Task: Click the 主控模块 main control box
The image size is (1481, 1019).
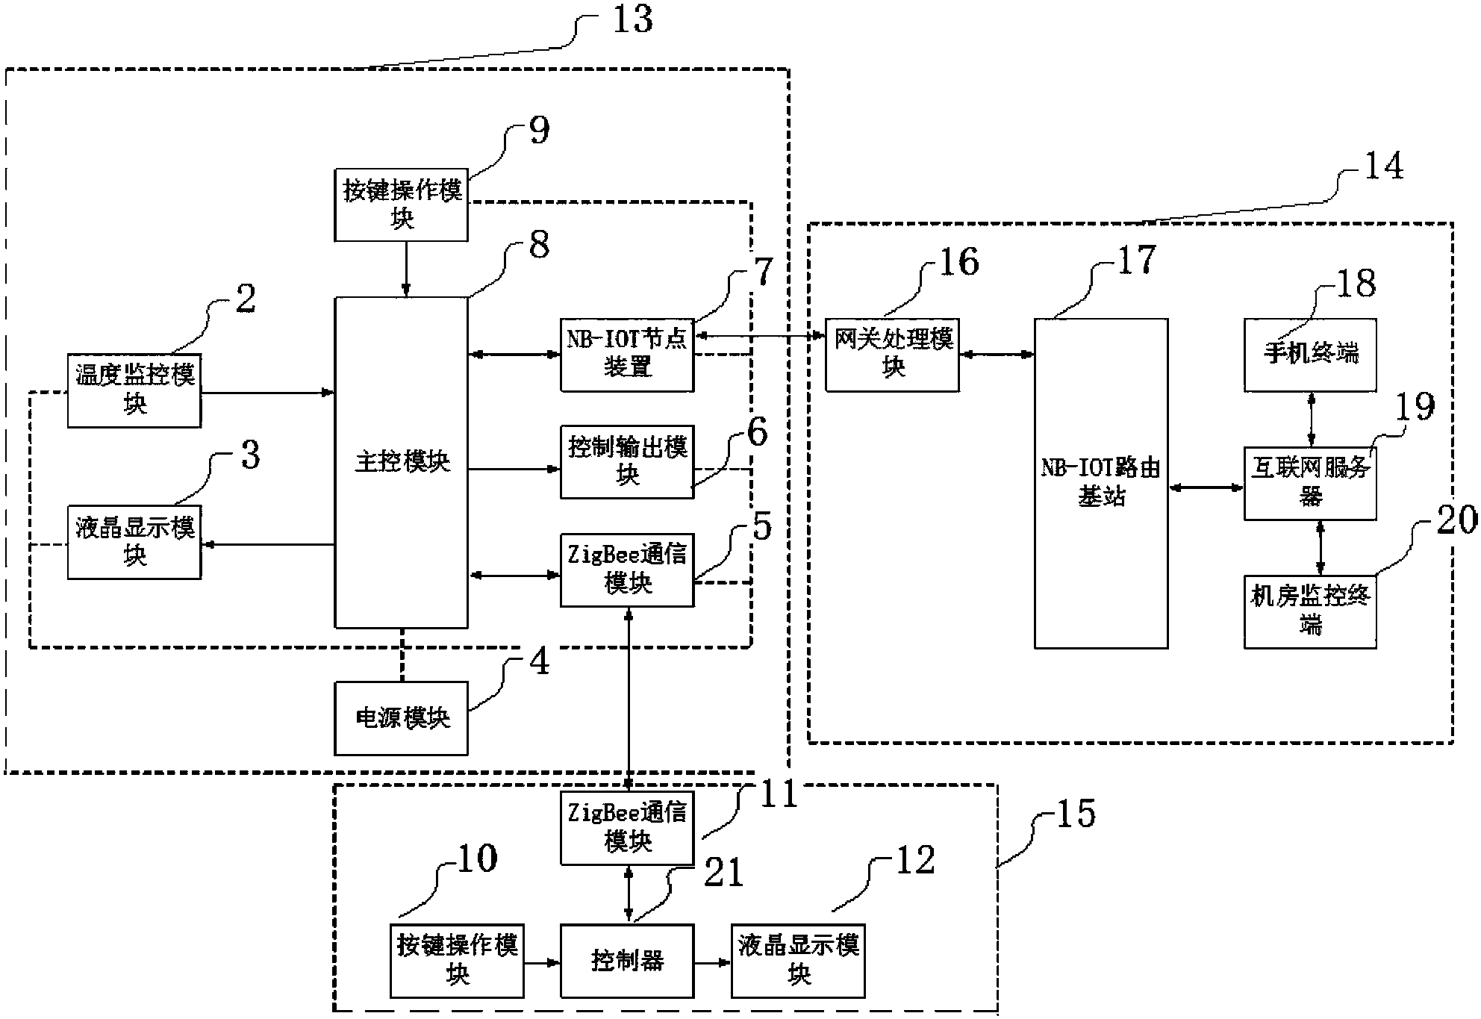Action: coord(401,463)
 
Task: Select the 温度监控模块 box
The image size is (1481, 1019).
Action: coord(134,390)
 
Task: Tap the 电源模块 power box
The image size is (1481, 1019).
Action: coord(401,718)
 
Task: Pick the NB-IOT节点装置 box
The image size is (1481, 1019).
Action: coord(627,355)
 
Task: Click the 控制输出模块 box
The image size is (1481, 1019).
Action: coord(627,462)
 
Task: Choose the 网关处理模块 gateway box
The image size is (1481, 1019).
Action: coord(892,355)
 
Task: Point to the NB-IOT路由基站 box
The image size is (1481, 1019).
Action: coord(1100,483)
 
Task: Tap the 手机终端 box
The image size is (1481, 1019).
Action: coord(1310,355)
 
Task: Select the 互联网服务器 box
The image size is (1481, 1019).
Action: coord(1310,483)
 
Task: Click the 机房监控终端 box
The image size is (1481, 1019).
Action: coord(1310,611)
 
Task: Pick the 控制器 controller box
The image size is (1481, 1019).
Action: coord(627,961)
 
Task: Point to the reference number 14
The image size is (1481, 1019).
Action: coord(1383,166)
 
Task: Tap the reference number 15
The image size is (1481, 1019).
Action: coord(1076,814)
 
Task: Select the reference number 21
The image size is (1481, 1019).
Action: coord(723,872)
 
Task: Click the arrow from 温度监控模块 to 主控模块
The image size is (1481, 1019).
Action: coord(267,392)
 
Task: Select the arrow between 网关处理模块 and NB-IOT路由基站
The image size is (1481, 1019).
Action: coord(997,355)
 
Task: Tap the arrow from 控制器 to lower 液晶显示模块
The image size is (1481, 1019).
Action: coord(712,962)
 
